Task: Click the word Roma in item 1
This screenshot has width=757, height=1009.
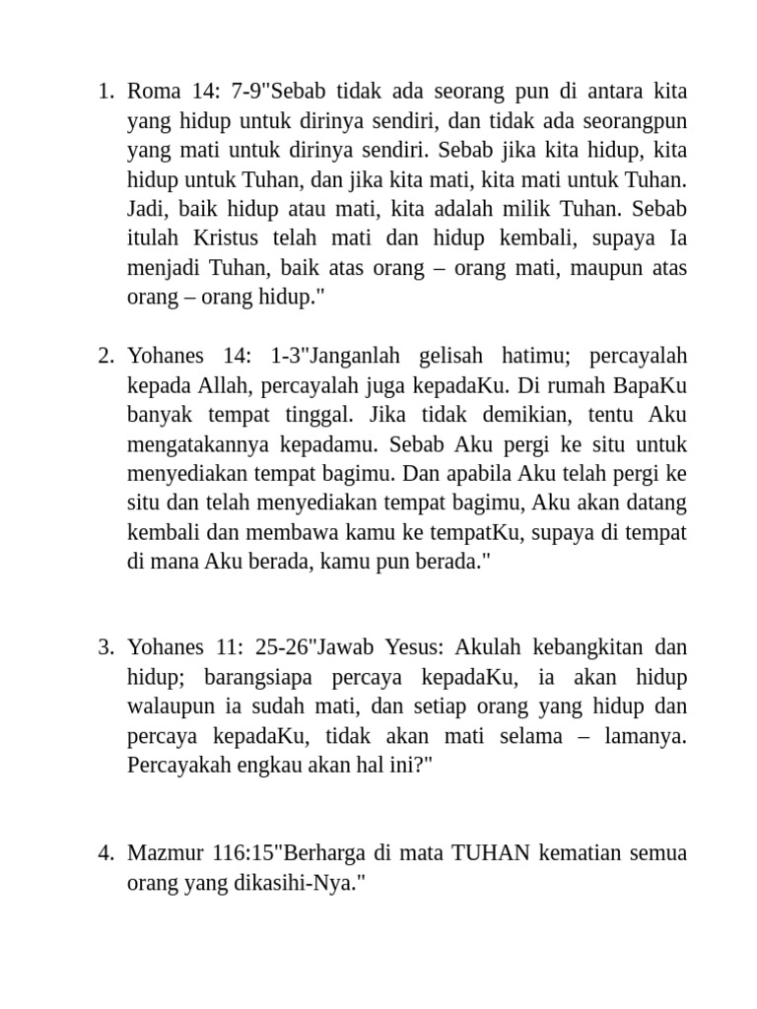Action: (x=154, y=92)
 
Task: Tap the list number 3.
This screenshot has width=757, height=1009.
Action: (x=105, y=647)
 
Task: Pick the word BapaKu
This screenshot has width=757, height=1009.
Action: (x=650, y=385)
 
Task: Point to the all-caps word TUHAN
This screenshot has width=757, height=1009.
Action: (x=491, y=852)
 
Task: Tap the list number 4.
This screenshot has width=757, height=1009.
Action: (x=105, y=852)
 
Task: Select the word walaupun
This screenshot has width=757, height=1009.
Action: (x=171, y=706)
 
